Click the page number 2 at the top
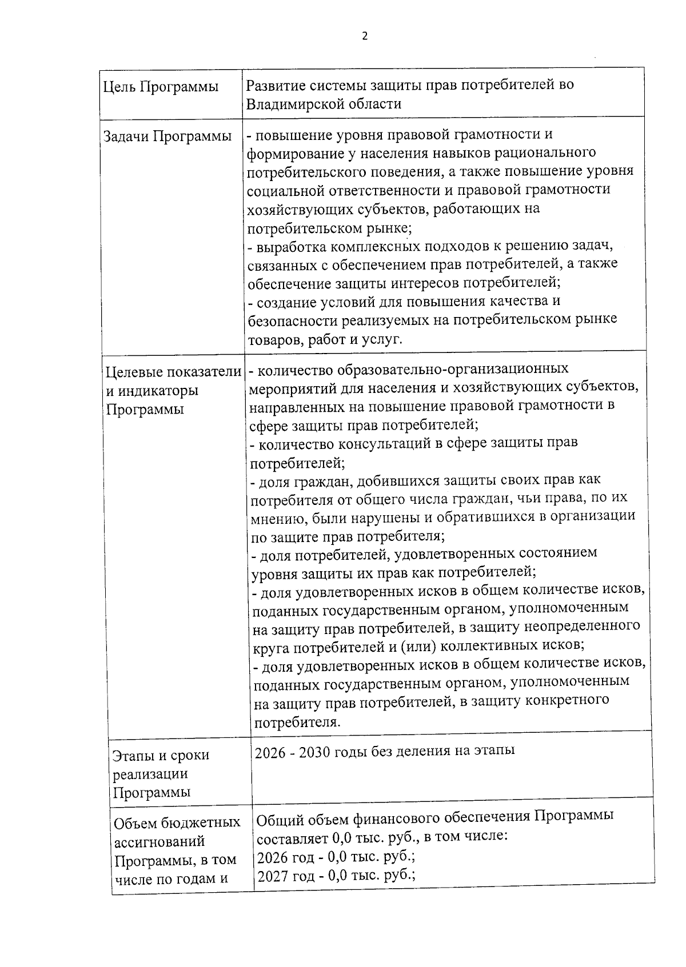(x=365, y=36)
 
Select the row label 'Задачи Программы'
(x=167, y=137)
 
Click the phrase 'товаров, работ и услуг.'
(x=325, y=340)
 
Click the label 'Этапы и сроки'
(x=161, y=755)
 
